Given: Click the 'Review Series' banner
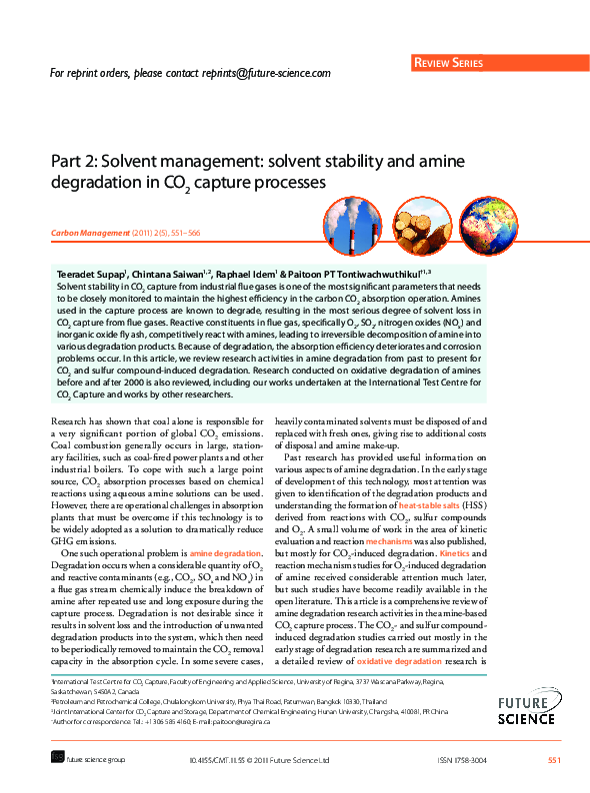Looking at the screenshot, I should tap(449, 64).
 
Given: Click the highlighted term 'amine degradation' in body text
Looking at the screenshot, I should tap(225, 552).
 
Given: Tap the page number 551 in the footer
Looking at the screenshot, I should tap(554, 761).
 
